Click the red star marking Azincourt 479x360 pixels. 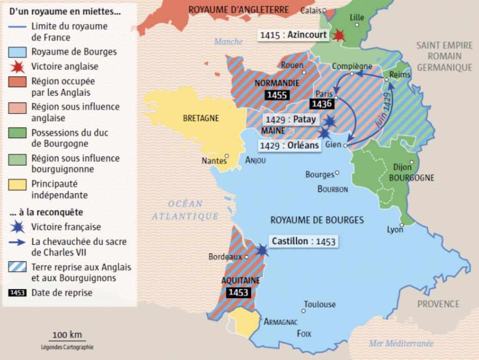(x=340, y=36)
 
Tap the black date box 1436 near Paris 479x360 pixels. (x=322, y=104)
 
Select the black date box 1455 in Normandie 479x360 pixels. (x=277, y=95)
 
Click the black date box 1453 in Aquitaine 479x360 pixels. (x=238, y=292)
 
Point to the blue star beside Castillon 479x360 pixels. (x=262, y=250)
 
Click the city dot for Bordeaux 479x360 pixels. (x=247, y=257)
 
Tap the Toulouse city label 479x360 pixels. (x=319, y=305)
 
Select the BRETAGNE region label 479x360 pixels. (x=201, y=118)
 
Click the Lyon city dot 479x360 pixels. (x=401, y=225)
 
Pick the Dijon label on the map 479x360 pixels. (x=402, y=167)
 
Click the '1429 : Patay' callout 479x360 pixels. (x=290, y=119)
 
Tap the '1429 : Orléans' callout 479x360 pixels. (x=289, y=145)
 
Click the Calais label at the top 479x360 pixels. (x=311, y=10)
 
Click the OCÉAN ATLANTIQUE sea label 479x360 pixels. (x=186, y=210)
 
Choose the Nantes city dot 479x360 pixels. (x=227, y=156)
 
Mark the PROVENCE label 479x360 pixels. (x=438, y=304)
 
